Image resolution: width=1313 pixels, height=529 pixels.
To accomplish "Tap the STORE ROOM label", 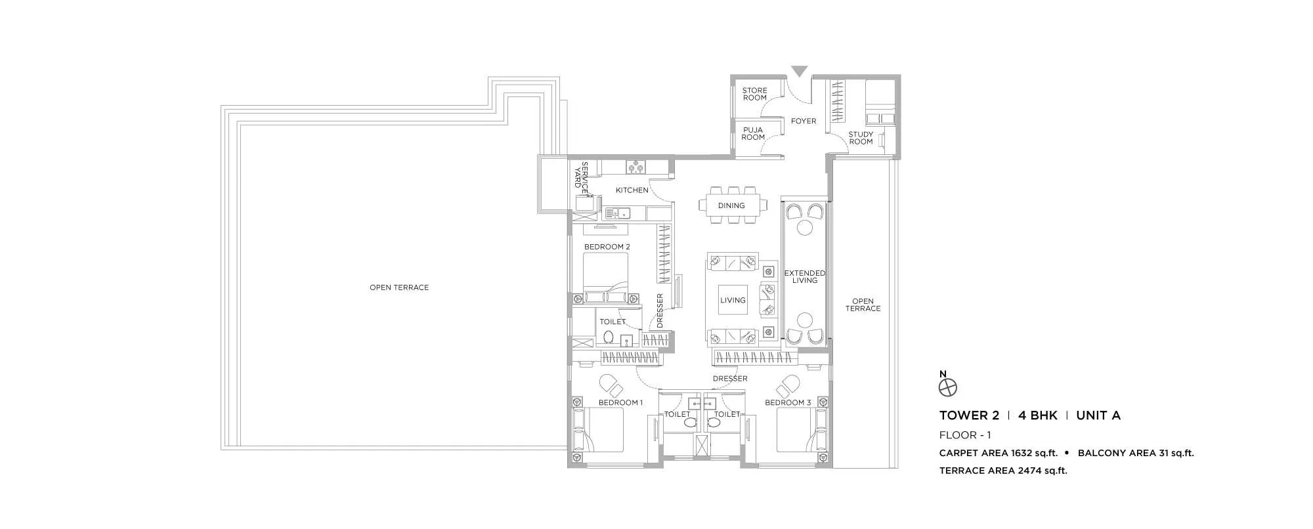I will tap(754, 94).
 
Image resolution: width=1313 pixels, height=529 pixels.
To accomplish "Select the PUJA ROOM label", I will tap(753, 133).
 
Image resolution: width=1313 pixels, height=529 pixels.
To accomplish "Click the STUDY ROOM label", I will tap(861, 138).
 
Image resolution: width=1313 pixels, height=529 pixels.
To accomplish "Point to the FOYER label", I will tap(804, 121).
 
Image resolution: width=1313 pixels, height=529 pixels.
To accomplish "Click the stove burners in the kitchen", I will tap(177, 167).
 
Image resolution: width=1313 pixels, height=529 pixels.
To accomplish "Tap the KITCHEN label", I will tap(632, 190).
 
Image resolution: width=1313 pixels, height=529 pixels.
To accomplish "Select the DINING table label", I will tap(731, 205).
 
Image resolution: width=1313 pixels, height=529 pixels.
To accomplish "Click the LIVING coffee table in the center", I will tap(733, 300).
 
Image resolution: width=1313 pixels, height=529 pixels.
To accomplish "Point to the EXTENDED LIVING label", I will tap(805, 276).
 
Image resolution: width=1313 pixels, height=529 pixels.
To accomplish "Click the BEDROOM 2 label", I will tap(607, 247).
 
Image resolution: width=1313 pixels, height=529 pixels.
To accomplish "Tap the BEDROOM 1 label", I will tap(620, 402).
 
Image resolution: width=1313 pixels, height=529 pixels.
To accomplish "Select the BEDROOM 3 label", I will tap(788, 402).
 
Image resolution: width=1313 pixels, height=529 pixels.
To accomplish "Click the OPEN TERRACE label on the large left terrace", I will tap(398, 287).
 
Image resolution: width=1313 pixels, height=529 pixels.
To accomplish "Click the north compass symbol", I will tap(948, 387).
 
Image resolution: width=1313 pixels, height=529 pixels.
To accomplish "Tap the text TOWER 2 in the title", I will tap(969, 415).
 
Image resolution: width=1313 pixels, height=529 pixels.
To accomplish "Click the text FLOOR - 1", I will tap(965, 435).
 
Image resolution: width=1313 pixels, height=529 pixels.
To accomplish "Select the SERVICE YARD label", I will tap(581, 175).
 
